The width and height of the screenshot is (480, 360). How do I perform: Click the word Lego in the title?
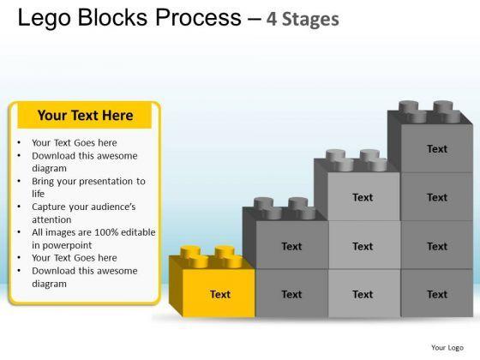(45, 18)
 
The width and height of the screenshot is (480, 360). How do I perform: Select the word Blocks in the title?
(113, 17)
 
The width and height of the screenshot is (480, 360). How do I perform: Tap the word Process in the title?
(198, 17)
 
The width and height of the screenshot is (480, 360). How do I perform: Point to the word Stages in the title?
(310, 20)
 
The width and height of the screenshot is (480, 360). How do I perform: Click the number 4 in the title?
(272, 19)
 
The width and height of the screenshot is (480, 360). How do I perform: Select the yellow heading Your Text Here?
(85, 116)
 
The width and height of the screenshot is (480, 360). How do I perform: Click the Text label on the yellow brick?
(220, 294)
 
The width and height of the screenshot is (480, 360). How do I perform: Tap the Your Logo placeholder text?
(447, 348)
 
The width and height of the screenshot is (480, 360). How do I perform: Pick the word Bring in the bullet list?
(43, 182)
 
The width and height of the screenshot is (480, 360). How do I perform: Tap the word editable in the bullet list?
(138, 232)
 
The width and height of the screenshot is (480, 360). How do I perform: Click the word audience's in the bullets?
(118, 207)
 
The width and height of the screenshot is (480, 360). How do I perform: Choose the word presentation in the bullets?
(107, 182)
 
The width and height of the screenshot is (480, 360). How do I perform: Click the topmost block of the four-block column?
(437, 148)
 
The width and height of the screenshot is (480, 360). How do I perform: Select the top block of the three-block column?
(364, 197)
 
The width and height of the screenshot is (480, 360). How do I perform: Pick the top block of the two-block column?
(291, 245)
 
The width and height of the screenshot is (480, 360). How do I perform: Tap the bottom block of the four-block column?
(437, 293)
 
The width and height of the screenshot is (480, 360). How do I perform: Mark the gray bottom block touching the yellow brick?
(291, 293)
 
